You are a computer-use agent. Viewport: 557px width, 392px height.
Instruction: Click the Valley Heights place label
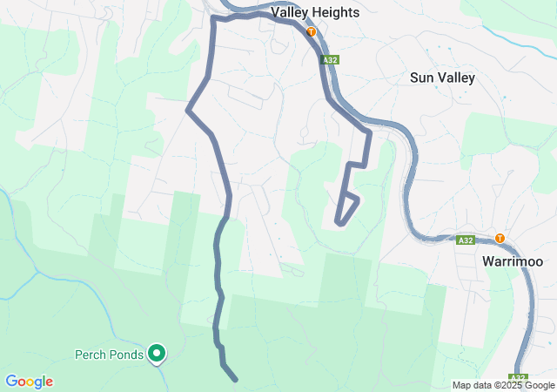pos(315,13)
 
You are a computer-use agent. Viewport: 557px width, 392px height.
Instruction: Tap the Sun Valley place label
pos(442,78)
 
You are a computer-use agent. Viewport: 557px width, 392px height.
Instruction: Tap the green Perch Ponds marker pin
pos(157,353)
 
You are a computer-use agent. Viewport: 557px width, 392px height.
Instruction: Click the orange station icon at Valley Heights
pos(312,31)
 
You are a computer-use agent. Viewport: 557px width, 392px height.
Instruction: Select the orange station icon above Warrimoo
pos(500,238)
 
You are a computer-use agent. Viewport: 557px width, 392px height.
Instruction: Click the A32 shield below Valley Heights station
pos(328,60)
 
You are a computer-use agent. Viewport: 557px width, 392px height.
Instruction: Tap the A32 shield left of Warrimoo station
pos(466,240)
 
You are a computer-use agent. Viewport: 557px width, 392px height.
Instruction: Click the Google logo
pos(29,382)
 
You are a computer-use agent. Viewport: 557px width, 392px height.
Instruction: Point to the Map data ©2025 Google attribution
pos(503,385)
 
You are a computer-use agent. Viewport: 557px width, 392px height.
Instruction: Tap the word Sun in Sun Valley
pos(421,78)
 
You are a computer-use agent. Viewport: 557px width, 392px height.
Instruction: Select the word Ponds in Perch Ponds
pos(127,355)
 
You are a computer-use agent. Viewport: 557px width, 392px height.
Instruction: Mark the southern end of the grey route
pos(235,379)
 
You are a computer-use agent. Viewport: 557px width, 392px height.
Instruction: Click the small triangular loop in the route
pos(346,210)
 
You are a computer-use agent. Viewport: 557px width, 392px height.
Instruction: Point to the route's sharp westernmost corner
pos(188,110)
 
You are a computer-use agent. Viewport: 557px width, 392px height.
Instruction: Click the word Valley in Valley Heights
pos(292,13)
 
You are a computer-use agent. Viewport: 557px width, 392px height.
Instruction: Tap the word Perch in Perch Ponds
pos(91,355)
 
